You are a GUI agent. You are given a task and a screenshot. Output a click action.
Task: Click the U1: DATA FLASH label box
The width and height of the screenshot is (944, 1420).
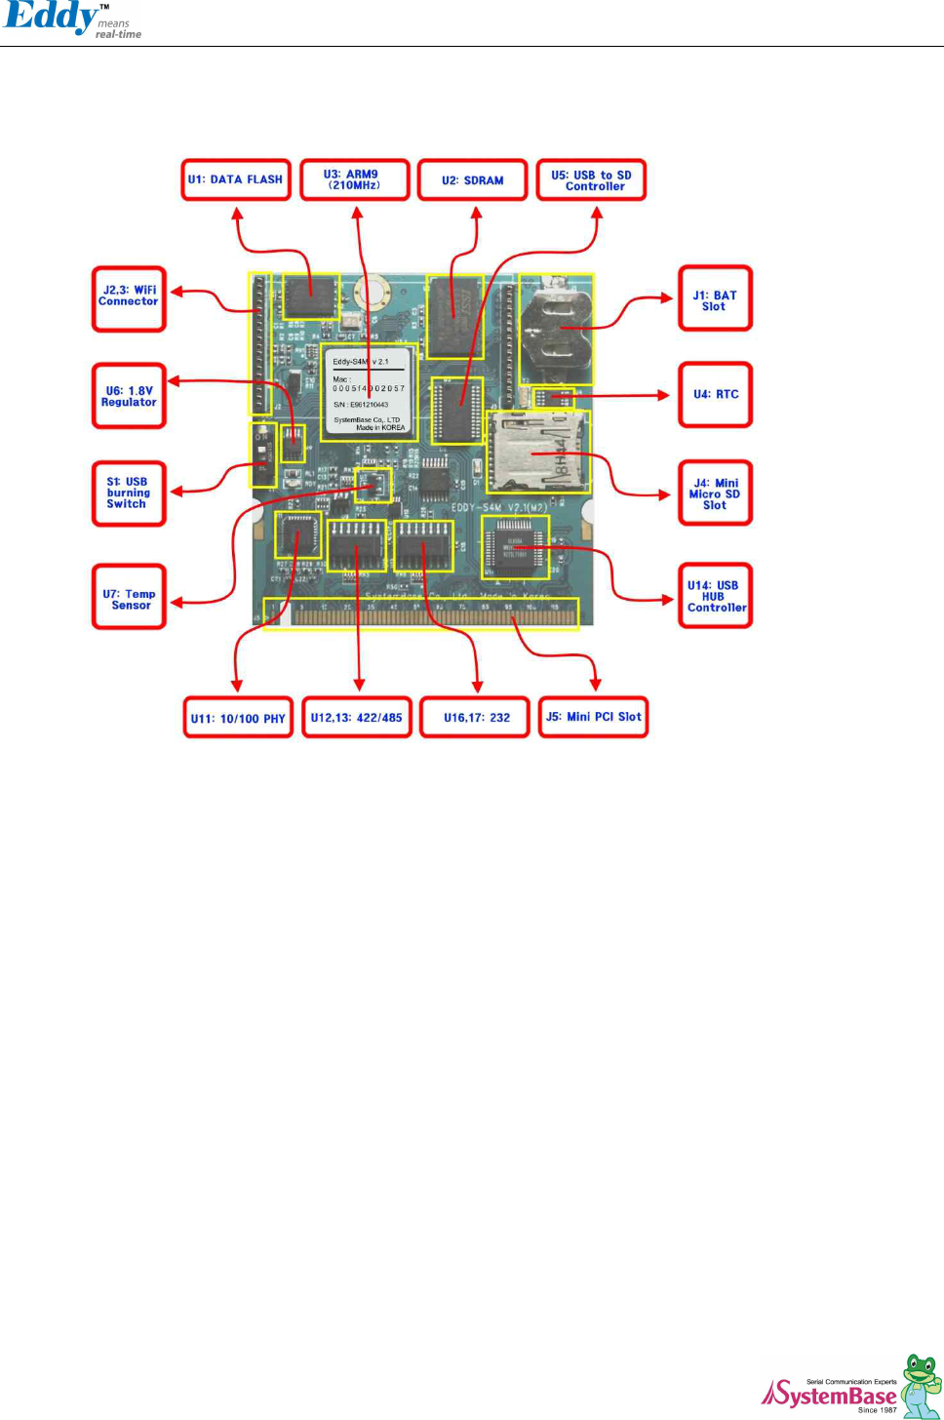236,180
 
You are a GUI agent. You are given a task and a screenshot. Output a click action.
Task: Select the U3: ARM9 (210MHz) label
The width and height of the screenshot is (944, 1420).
354,180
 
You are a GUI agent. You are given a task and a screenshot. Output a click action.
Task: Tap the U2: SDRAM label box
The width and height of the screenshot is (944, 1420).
473,180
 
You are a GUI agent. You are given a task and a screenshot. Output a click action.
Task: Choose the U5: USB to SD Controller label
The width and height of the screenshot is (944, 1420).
592,180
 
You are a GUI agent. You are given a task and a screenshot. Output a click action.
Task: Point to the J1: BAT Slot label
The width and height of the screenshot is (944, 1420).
715,299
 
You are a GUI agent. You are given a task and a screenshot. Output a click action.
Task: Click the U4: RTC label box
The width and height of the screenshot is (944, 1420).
715,395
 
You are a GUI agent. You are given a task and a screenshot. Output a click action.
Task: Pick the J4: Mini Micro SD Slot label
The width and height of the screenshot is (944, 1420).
715,493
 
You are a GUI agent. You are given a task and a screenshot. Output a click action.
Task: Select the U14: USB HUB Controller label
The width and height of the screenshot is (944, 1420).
715,596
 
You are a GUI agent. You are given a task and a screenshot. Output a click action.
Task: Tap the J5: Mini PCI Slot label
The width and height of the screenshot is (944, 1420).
593,717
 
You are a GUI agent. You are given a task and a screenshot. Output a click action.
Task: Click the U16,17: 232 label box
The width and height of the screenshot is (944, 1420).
476,717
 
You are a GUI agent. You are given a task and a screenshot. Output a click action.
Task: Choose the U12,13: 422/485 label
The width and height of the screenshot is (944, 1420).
357,717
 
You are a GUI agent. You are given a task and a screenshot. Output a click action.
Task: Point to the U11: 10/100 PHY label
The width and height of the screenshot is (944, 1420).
238,718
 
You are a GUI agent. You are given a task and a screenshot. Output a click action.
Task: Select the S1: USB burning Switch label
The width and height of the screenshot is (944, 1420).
129,493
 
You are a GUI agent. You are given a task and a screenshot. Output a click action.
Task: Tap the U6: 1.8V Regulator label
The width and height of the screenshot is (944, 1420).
129,396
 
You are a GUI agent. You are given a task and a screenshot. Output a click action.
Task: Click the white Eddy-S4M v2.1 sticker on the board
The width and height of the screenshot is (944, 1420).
369,393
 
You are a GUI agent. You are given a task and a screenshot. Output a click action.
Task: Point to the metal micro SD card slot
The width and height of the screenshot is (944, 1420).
537,452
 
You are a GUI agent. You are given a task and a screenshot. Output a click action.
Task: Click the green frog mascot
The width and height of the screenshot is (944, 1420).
920,1384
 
